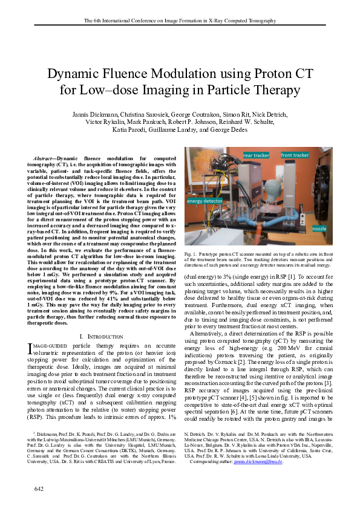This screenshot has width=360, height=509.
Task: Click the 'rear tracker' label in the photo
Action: click(256, 156)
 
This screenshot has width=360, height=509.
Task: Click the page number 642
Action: click(39, 487)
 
